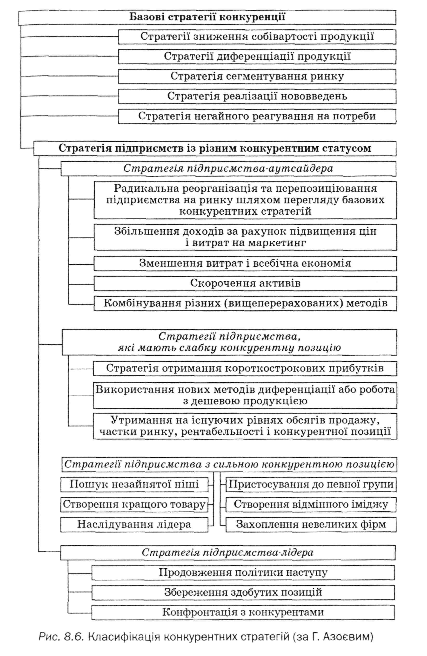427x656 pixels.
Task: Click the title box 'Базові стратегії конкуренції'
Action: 207,17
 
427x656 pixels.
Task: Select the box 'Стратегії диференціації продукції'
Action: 257,57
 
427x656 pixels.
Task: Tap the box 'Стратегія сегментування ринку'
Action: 257,76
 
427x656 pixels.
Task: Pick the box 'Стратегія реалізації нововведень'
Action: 257,96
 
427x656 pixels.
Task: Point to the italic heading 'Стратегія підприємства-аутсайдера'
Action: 228,168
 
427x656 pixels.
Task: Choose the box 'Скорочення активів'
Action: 245,283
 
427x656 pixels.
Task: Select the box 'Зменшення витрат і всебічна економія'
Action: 245,264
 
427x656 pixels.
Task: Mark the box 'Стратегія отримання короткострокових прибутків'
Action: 245,368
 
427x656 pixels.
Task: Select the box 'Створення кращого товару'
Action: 134,504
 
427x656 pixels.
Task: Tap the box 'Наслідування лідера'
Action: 134,524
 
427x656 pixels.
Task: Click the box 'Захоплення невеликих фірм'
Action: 311,524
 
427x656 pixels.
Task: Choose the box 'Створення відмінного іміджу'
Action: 311,504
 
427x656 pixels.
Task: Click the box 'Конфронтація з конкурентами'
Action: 243,612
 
